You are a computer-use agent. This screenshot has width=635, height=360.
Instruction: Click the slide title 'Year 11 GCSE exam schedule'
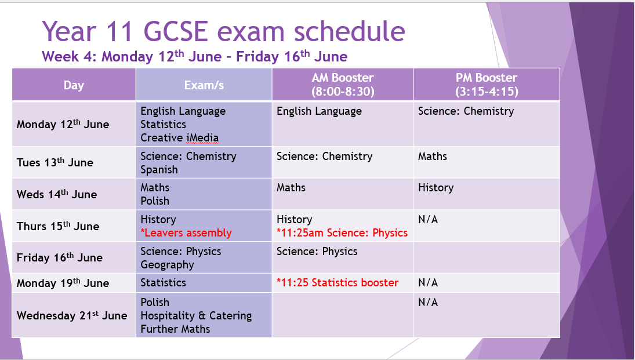223,31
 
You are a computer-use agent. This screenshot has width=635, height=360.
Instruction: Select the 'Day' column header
74,85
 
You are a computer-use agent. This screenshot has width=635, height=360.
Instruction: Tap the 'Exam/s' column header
204,85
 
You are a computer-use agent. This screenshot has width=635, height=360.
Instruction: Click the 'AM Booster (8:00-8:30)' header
343,84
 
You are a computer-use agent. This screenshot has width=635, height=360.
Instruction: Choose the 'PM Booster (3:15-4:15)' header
487,84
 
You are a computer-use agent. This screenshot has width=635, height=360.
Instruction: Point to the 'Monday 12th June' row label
63,124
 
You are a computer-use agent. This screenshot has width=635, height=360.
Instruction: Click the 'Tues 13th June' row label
55,162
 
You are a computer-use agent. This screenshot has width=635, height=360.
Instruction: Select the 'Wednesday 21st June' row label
72,315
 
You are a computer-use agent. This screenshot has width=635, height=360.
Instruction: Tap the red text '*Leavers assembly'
186,233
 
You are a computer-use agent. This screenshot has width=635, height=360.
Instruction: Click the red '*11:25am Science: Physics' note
342,233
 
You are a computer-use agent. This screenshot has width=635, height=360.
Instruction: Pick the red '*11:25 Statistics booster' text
338,283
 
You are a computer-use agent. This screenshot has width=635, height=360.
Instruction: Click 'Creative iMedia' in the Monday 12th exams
179,138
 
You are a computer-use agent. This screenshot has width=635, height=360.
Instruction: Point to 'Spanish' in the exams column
159,170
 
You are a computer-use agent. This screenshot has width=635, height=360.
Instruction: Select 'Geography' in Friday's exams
167,265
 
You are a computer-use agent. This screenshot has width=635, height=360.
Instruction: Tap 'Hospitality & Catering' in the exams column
196,315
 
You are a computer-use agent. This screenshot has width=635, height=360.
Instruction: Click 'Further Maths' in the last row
175,329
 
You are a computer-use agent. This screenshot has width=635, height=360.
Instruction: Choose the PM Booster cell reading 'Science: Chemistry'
466,111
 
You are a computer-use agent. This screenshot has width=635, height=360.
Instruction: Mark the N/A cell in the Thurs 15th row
428,220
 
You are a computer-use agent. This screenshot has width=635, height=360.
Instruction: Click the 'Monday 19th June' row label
63,283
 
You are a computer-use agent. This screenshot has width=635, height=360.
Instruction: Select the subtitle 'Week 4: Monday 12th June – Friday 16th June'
194,56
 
